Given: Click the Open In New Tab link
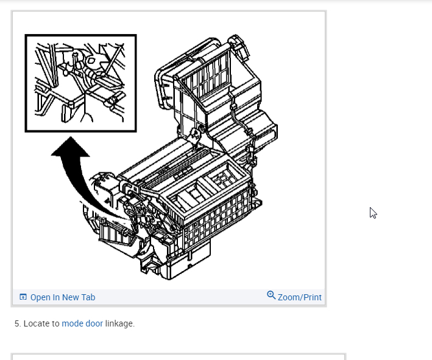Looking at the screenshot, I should tap(62, 297).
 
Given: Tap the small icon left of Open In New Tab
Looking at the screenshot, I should tap(23, 297).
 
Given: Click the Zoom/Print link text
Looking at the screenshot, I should tap(299, 297).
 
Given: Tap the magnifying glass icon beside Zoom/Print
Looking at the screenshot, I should tap(271, 295).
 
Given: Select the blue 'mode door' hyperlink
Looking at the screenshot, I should tap(82, 323).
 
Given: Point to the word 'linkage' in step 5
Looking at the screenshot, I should tap(120, 323).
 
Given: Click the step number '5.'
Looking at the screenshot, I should tap(18, 323).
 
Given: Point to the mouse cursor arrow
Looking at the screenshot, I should tap(373, 213).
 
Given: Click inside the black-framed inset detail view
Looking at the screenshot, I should tap(80, 83).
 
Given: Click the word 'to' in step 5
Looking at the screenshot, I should tap(55, 323).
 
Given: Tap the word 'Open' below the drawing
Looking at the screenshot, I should tap(40, 297).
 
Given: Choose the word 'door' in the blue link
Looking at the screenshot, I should tap(94, 323).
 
